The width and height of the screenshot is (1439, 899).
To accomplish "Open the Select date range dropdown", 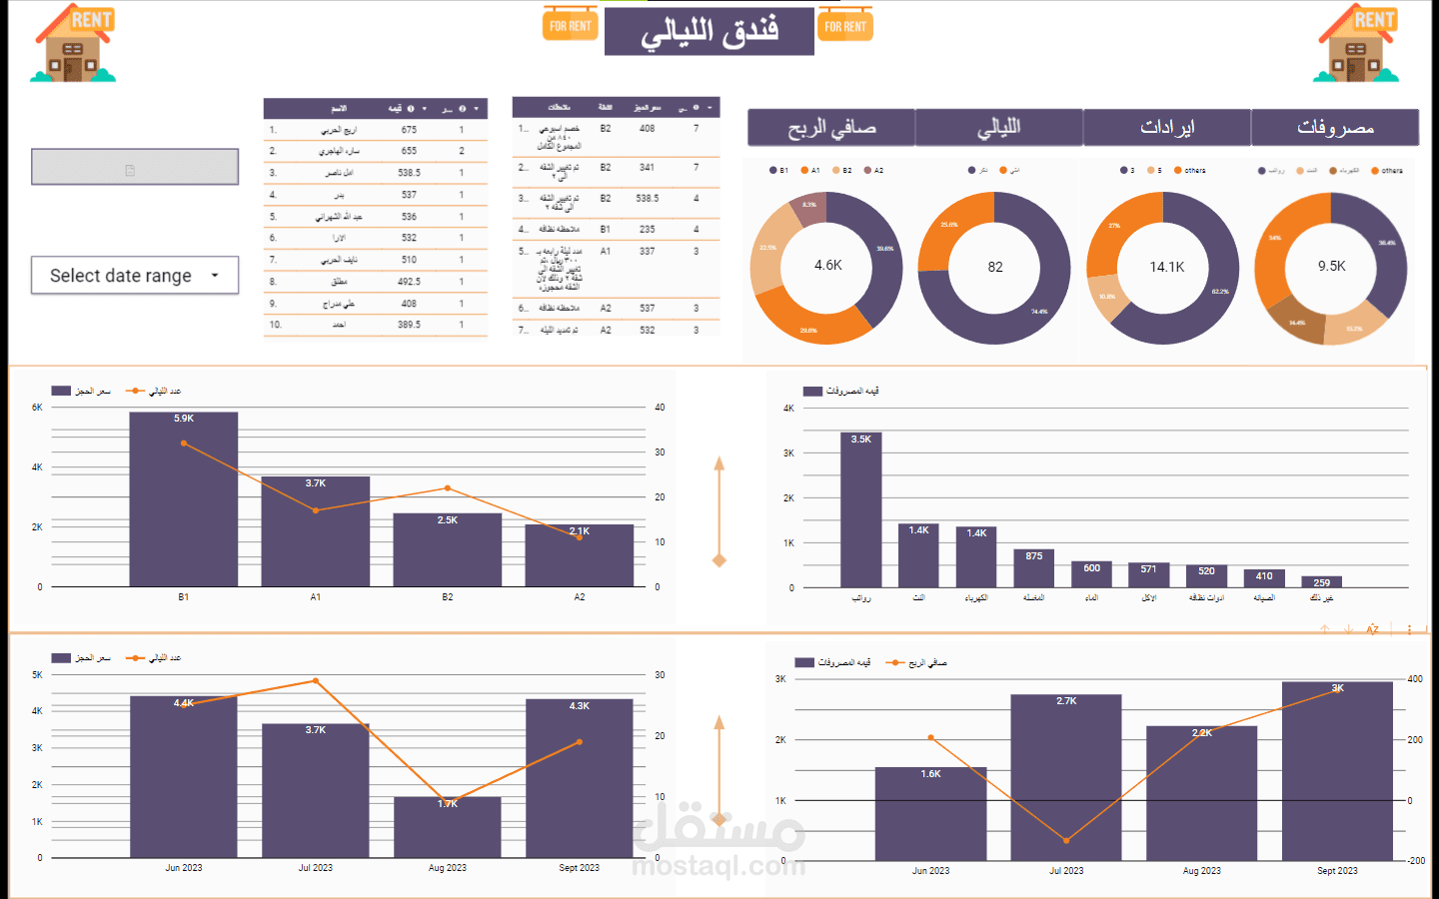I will point(134,276).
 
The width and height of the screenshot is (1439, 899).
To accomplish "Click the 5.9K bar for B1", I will point(184,499).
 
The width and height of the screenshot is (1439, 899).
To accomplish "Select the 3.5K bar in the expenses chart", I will point(860,509).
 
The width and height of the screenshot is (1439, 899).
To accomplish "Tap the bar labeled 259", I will point(1321,581).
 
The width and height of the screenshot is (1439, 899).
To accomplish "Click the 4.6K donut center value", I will point(827,266).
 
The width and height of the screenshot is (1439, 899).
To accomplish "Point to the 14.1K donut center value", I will point(1166,267).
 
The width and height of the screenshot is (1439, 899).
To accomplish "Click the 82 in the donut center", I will point(995,267).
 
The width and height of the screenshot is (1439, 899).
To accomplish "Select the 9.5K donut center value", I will point(1331,266).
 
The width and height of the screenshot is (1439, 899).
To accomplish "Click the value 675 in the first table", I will point(409,130).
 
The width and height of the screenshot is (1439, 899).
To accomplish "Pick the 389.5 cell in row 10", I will point(409,325).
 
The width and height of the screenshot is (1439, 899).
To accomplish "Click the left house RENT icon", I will point(74,43).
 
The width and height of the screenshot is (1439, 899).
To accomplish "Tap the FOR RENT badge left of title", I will point(571,25).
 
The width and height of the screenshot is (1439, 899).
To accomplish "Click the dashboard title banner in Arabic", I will point(710,31).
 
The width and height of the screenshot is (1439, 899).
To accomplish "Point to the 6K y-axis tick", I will point(37,408).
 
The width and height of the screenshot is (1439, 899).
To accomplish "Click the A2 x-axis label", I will point(580,597).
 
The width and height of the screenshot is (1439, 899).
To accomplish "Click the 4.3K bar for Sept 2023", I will point(580,778).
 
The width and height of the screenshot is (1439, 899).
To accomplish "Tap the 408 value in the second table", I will point(648,129).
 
